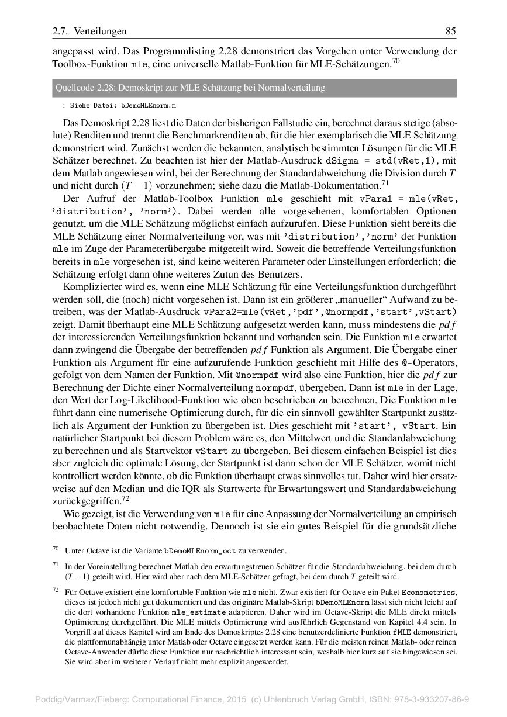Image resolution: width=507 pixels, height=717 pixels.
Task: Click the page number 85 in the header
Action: (x=451, y=31)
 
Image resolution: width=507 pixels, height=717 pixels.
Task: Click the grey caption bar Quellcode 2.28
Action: (x=253, y=88)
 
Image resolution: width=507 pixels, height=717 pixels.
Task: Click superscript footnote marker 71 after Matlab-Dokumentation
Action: (x=385, y=183)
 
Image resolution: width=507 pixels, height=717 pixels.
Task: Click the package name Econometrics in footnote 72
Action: (x=430, y=593)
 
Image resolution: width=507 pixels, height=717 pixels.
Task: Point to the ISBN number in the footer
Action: (x=433, y=699)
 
